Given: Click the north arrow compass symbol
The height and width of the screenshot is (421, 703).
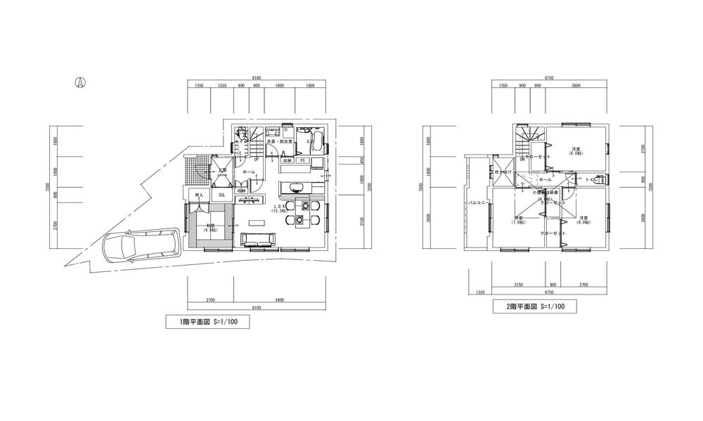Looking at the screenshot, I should [x=80, y=83].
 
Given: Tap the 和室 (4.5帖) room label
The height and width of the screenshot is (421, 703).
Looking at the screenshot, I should [x=210, y=228].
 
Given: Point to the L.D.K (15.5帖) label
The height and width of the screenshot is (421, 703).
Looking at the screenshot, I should [x=279, y=208].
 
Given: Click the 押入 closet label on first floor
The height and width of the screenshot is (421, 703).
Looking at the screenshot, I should [x=198, y=195].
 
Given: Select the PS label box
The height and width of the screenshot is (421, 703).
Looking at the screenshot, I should [x=302, y=160].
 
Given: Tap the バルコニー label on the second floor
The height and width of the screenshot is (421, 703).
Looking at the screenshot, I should [x=478, y=203].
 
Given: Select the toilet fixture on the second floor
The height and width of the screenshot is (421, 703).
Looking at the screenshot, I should [x=598, y=179].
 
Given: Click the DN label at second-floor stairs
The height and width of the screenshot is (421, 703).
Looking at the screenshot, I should [x=522, y=160].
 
